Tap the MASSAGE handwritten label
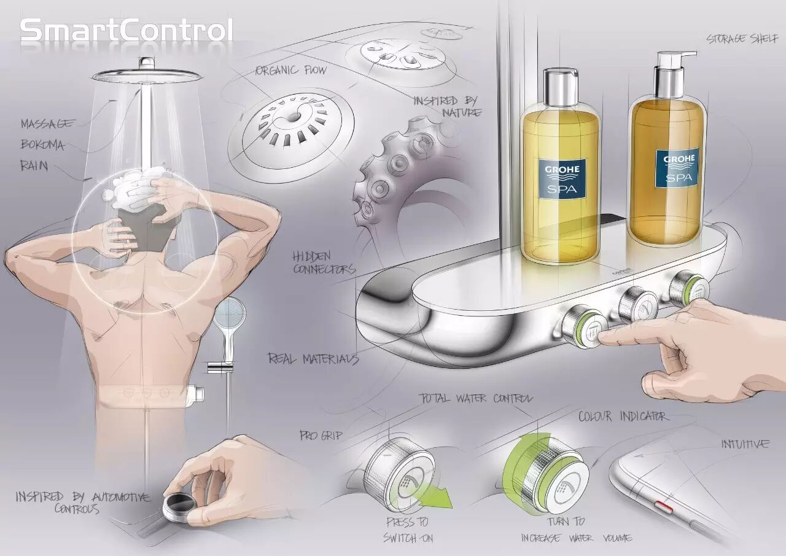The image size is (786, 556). (x=48, y=123)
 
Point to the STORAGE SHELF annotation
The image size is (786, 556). (x=742, y=39)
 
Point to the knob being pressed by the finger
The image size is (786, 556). (x=584, y=326)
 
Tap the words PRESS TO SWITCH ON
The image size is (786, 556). (x=408, y=530)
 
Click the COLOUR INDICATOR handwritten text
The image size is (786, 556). (x=623, y=417)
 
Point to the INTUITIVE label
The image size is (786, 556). (x=745, y=444)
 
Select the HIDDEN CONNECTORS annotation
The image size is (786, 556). (x=324, y=263)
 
